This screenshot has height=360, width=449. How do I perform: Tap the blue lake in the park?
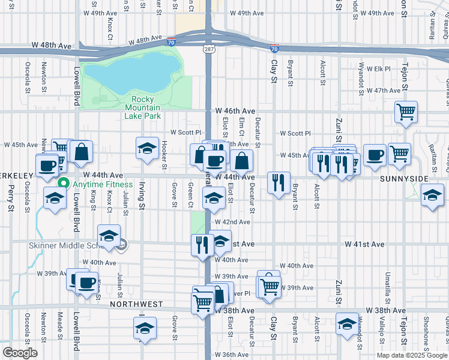[132, 71]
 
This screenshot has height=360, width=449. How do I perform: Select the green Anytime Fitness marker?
[63, 184]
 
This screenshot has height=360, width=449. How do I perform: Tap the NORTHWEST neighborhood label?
[136, 304]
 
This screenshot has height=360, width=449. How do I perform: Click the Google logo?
[20, 353]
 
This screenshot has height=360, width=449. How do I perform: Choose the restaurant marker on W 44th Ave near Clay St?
[279, 182]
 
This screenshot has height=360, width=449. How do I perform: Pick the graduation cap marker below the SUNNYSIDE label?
[432, 194]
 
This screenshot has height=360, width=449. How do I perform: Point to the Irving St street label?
[142, 197]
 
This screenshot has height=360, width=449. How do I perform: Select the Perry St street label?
[11, 199]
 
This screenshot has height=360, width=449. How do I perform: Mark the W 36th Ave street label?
[232, 355]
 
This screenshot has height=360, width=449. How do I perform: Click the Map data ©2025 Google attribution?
[412, 355]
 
